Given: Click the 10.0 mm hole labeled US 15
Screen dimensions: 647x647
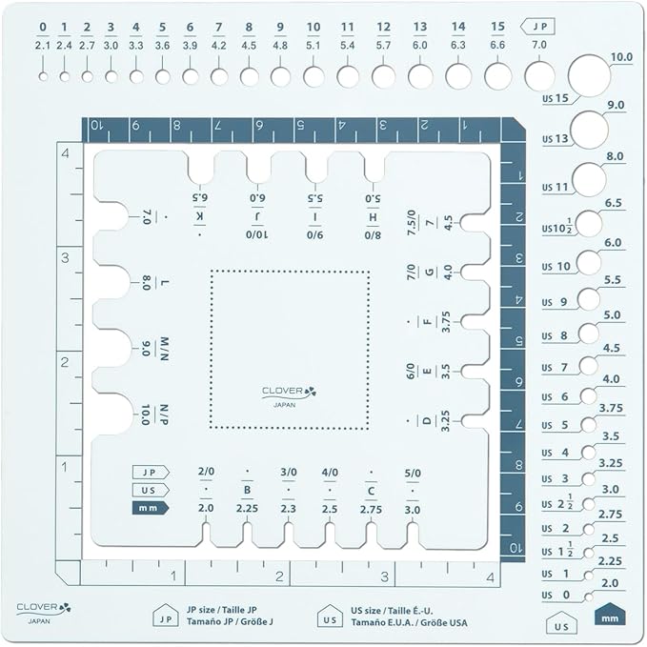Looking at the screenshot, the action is click(x=589, y=75).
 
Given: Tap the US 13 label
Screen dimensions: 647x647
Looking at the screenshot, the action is click(x=555, y=139).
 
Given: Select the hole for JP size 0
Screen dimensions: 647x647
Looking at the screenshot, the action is click(x=43, y=76).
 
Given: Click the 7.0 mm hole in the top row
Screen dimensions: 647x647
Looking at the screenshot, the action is click(x=539, y=76).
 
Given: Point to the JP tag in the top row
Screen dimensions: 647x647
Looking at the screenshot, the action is click(x=537, y=27).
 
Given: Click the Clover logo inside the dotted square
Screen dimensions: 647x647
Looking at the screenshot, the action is click(x=289, y=396).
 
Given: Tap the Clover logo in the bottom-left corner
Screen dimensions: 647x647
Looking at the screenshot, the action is click(x=43, y=613).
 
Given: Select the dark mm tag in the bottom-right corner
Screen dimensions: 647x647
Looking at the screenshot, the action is click(x=610, y=614).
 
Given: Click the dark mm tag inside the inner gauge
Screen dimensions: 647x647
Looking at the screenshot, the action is click(x=151, y=508).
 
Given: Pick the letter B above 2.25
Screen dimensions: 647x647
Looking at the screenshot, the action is click(x=247, y=490).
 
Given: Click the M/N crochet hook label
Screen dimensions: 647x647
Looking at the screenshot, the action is click(x=164, y=349).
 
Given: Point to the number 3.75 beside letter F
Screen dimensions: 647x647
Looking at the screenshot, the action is click(x=446, y=321).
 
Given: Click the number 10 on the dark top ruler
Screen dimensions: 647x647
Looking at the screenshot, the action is click(x=96, y=125).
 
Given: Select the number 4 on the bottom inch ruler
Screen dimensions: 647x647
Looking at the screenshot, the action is click(x=490, y=576).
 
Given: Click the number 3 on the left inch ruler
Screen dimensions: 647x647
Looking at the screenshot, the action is click(x=65, y=258).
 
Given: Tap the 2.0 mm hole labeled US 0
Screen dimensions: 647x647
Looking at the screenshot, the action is click(x=589, y=596).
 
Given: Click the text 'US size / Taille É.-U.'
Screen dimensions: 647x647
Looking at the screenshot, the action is click(x=392, y=611).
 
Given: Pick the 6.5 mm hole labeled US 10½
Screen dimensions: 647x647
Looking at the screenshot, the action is click(x=589, y=224).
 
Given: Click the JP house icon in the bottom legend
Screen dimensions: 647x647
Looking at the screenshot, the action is click(x=166, y=616).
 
